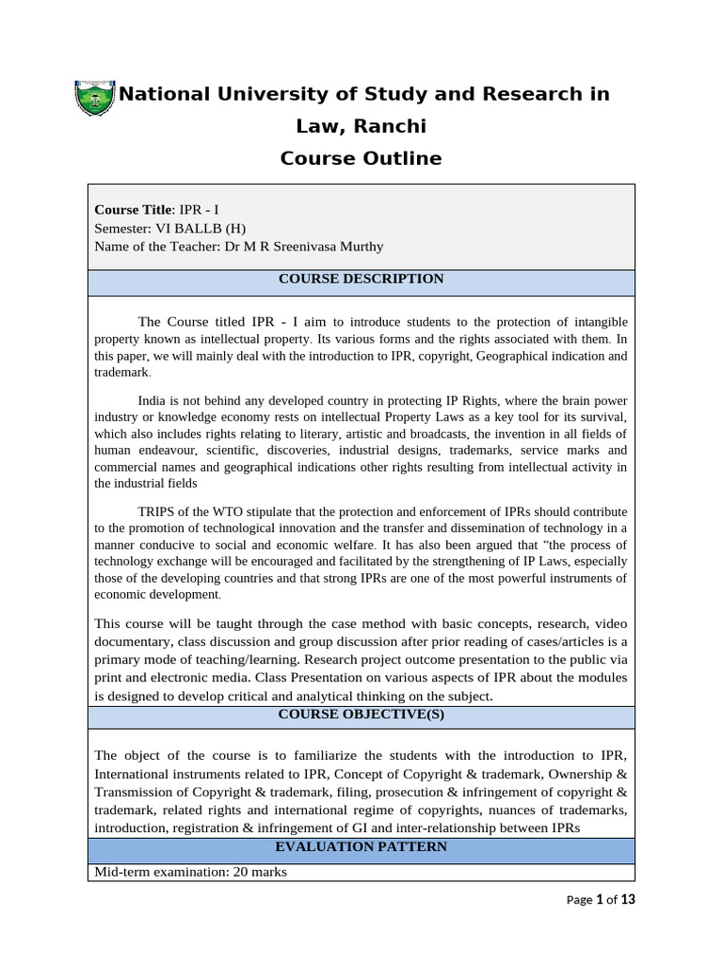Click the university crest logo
[93, 99]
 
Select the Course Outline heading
[361, 158]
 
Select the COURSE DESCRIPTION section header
[361, 279]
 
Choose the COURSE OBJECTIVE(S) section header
[361, 715]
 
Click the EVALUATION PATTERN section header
[361, 847]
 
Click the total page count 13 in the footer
[627, 900]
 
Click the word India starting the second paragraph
[155, 399]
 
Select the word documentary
[134, 641]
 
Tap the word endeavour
[162, 450]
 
